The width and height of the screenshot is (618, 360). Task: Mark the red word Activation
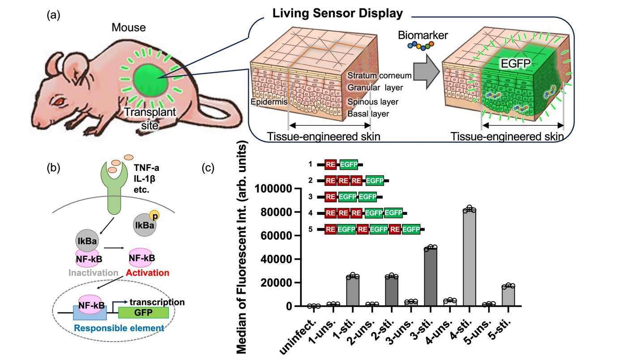click(148, 273)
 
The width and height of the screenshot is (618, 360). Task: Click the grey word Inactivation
click(93, 273)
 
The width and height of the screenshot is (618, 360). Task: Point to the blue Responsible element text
click(119, 328)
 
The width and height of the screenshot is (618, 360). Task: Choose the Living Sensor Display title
click(338, 13)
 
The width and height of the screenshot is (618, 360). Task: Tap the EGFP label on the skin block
click(516, 64)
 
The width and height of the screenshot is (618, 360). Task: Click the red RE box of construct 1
click(331, 165)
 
